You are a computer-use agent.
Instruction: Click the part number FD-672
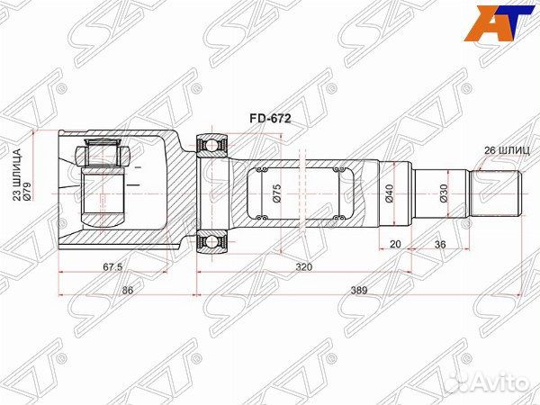270,117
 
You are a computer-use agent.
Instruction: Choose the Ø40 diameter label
388,193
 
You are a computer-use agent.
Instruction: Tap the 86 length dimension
128,289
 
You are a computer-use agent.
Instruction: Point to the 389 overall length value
360,289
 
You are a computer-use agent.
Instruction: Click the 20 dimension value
396,244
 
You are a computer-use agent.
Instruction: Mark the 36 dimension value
440,244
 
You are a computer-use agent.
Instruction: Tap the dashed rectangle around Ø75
297,192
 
